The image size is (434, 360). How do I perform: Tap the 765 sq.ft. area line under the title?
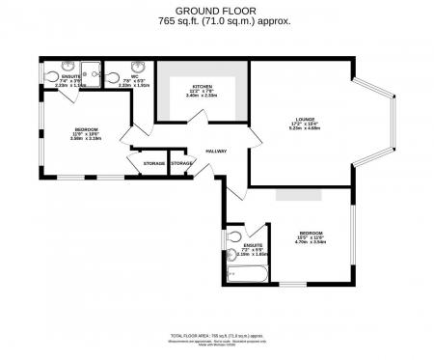click(216, 20)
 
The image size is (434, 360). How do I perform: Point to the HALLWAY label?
click(215, 151)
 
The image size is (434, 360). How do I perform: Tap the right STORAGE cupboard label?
click(181, 163)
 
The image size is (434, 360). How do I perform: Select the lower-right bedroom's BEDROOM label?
click(311, 233)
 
